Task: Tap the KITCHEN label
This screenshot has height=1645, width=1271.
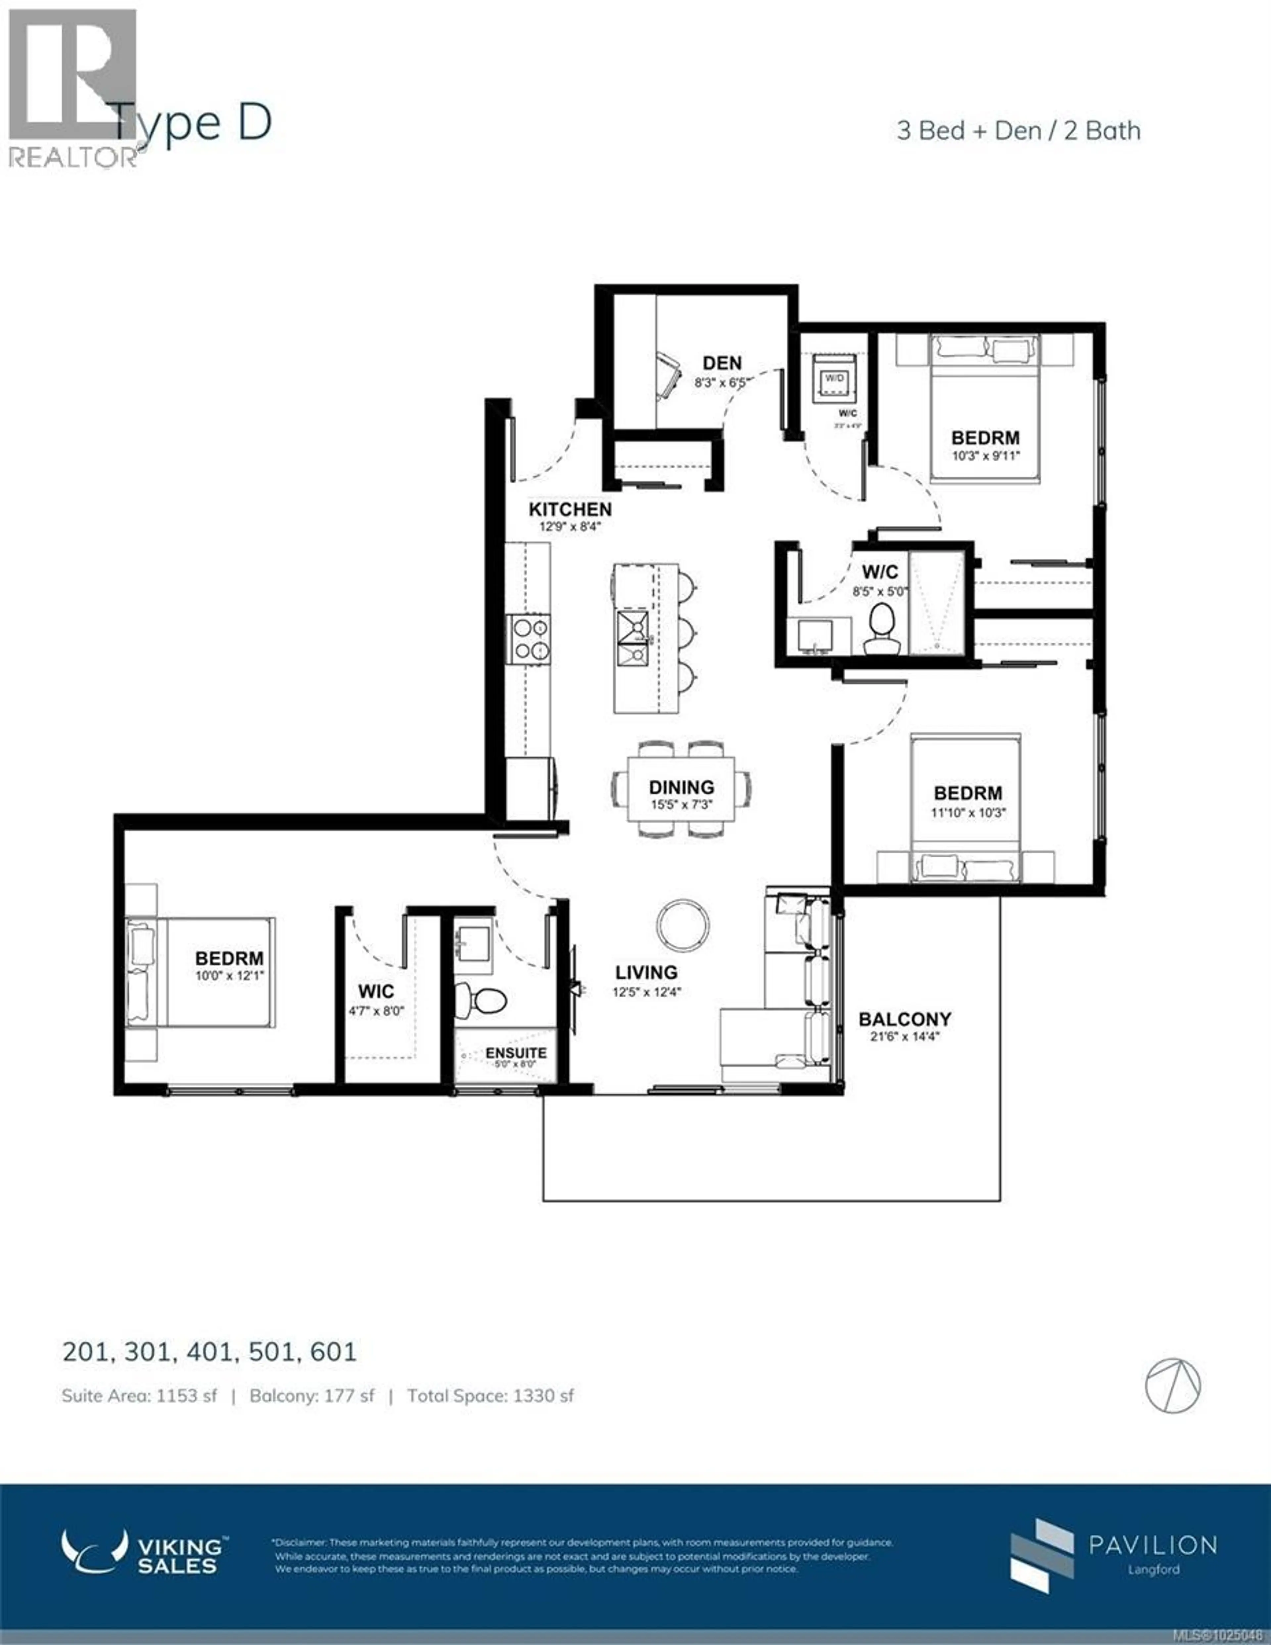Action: coord(570,510)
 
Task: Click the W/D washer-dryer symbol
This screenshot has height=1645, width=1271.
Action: coord(834,379)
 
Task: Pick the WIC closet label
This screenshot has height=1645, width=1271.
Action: coord(375,991)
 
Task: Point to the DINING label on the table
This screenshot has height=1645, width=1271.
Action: coord(681,787)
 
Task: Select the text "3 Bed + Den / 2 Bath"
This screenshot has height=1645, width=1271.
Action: coord(1018,131)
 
